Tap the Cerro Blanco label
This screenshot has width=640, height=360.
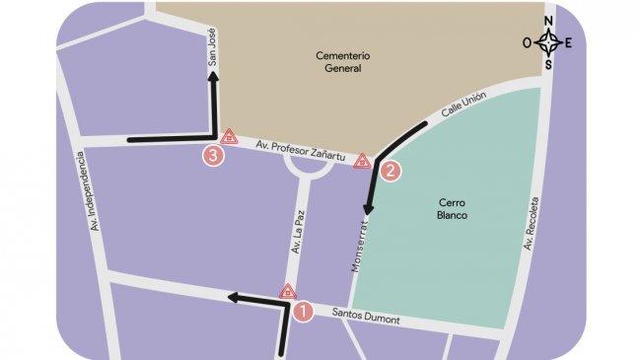coord(450,208)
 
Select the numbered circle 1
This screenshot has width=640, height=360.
coord(304,311)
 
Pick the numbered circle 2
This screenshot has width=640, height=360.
coord(391,171)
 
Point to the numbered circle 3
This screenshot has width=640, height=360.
coord(212,155)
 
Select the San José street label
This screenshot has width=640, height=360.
coord(211,47)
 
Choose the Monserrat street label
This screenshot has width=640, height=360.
coord(360,246)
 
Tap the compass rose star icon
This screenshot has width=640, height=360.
coord(549,42)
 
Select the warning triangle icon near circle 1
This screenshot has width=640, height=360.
coord(288,291)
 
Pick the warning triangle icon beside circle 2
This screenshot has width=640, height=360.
coord(363,160)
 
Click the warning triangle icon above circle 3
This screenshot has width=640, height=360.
coord(229,136)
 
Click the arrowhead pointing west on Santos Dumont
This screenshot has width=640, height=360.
coord(232,296)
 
